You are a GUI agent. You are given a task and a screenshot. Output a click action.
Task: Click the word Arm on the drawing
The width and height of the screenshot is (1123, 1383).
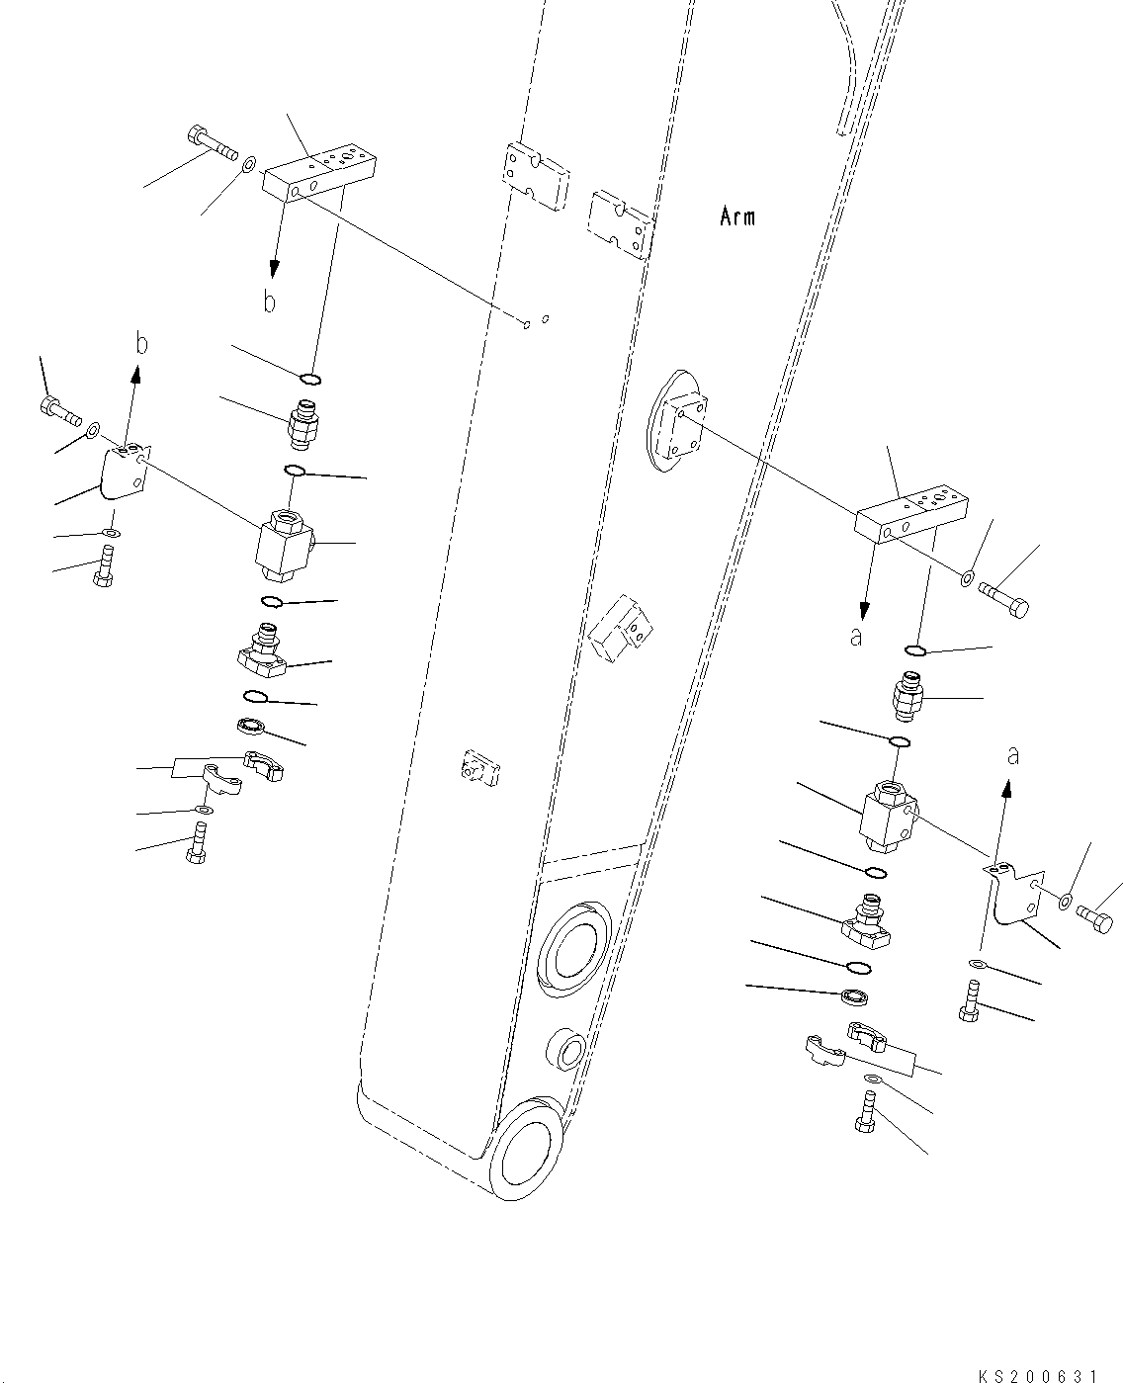point(737,216)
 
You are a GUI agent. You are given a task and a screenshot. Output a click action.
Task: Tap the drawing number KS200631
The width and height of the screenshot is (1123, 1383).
point(1037,1372)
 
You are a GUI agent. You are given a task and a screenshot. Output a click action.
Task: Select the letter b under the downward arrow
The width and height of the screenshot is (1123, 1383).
point(270,302)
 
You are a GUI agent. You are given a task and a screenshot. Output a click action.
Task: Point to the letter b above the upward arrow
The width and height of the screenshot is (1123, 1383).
point(142,344)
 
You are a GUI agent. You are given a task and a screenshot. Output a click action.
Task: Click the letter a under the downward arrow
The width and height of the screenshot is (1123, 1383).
point(856,638)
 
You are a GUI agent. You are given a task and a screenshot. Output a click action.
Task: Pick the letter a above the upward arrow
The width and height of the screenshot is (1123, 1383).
point(1012,755)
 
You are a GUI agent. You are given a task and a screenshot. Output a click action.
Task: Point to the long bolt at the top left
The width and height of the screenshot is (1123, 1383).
point(211,144)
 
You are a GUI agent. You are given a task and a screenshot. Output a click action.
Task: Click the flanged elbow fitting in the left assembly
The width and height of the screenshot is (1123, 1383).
point(263,658)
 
